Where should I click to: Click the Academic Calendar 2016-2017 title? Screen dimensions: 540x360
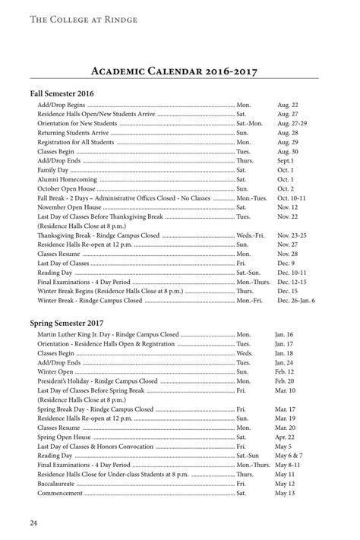coord(179,72)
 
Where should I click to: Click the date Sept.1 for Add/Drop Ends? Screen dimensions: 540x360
coord(286,161)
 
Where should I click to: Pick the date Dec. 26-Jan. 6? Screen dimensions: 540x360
coord(296,301)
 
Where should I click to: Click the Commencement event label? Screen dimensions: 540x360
coord(60,493)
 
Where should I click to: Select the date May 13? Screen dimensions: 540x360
coord(285,493)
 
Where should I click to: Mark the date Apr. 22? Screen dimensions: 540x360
coord(284,437)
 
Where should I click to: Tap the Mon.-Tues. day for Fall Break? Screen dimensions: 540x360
coord(251,197)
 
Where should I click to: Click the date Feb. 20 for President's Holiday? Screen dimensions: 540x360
coord(285,381)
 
